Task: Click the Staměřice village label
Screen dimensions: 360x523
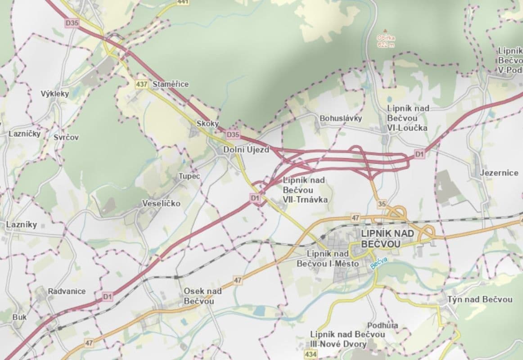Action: [x=171, y=84]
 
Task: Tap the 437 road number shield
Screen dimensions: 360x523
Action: [x=141, y=84]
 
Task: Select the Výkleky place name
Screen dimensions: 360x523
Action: [x=55, y=94]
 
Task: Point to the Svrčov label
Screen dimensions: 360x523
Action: [x=66, y=137]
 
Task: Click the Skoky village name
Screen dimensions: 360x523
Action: [x=207, y=123]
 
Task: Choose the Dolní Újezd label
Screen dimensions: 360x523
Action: [x=246, y=150]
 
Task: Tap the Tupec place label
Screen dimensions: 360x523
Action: [x=189, y=176]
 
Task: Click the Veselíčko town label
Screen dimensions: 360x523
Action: [x=161, y=203]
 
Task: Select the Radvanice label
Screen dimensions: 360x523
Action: [x=67, y=291]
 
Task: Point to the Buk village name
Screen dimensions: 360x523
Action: [x=19, y=317]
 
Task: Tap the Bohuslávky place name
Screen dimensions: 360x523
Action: [x=341, y=118]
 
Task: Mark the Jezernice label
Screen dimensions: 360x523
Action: [x=499, y=172]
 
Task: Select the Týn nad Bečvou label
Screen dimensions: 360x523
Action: [x=480, y=299]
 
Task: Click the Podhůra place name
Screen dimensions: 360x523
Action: [x=383, y=325]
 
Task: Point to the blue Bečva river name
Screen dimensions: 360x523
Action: [x=379, y=263]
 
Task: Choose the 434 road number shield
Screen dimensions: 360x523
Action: [x=310, y=355]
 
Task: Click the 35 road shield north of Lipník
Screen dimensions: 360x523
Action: [x=382, y=204]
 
